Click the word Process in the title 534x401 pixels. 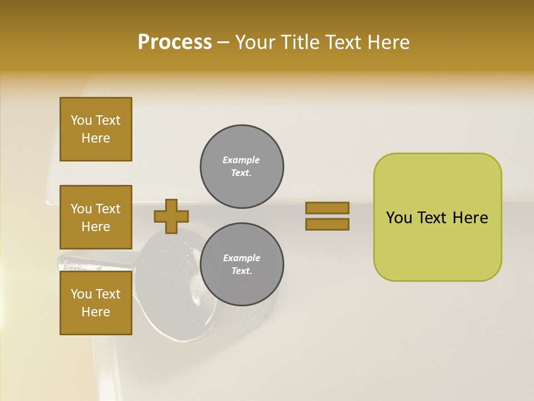(175, 42)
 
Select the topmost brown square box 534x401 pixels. (96, 129)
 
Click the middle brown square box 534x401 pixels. (96, 217)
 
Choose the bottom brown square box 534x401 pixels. (96, 302)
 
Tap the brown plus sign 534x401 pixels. (171, 216)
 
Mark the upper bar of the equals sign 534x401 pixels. (327, 208)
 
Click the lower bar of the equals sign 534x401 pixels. (327, 224)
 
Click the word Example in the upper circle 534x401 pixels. (241, 160)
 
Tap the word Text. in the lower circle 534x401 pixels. (241, 271)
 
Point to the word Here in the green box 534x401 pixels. (470, 218)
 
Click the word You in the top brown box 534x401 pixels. (81, 120)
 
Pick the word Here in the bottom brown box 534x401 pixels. (96, 312)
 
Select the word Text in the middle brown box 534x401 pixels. (107, 209)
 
